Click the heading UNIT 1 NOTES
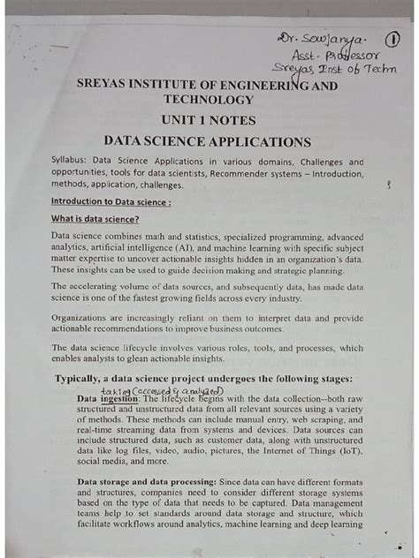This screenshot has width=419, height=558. coord(208,119)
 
